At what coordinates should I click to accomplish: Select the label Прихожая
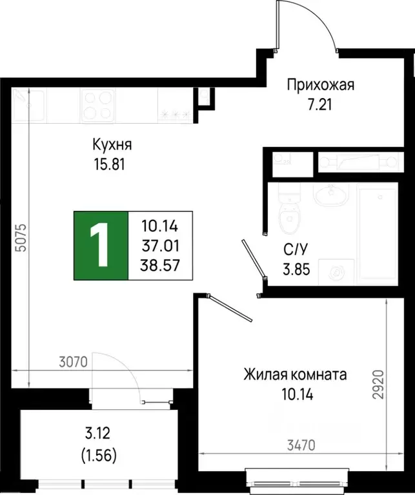[x=320, y=84]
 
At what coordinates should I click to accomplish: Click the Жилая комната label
[x=296, y=374]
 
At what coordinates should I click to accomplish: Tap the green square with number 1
[x=101, y=246]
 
